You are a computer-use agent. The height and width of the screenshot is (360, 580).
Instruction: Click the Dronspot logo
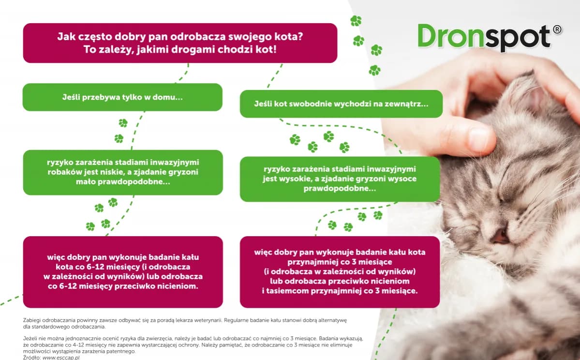click(490, 37)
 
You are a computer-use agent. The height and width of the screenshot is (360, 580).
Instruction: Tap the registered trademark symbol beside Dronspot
click(557, 30)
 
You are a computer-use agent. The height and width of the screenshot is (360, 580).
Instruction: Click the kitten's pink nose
click(500, 236)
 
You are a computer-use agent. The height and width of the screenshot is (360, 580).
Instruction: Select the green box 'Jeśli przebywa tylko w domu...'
click(122, 97)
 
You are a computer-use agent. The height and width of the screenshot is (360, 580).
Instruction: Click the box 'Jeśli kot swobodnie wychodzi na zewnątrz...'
click(341, 104)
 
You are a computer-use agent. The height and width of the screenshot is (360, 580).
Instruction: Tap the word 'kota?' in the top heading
click(290, 37)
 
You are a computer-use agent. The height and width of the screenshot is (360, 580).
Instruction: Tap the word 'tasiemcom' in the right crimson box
click(288, 291)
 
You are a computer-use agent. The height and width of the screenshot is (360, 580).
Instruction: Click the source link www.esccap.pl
click(61, 358)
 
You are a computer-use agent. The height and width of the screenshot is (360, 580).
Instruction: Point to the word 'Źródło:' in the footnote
click(32, 358)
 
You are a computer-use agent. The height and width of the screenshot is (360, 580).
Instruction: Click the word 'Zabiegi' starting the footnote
click(32, 320)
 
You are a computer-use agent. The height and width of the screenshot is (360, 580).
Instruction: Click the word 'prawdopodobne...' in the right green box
click(340, 188)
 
